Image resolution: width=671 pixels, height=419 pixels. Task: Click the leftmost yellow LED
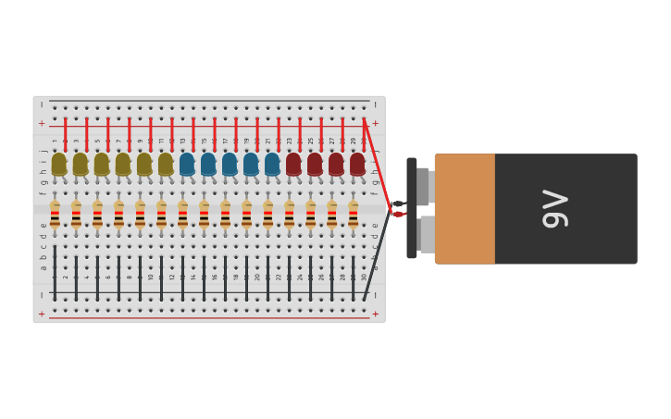coord(59,164)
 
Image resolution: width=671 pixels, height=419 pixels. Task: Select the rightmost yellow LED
coord(166,164)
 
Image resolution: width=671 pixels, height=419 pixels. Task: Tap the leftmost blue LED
coord(187,164)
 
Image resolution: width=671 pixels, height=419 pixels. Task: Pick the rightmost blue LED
coord(272,164)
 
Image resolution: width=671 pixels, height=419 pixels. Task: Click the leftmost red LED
coord(293,164)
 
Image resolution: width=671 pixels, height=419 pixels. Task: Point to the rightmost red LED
coord(357,164)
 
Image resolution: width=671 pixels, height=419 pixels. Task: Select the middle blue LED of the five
coord(230,164)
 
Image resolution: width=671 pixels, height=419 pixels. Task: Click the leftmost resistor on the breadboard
coord(55,216)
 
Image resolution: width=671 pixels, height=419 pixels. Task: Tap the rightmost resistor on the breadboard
coord(353,216)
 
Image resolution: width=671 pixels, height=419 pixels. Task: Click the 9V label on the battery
coord(554,208)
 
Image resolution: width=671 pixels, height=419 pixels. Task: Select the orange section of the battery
coord(465,208)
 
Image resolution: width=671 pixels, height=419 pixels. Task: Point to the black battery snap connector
coord(412,208)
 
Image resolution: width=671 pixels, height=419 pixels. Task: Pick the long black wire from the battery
coord(378,259)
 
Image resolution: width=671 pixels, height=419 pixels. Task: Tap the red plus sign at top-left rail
coord(42,123)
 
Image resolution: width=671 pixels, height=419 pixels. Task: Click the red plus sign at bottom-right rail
coord(375,314)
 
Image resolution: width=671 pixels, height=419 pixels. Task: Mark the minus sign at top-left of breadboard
coord(42,105)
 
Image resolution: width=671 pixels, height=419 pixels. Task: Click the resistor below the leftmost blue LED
coord(182,216)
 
